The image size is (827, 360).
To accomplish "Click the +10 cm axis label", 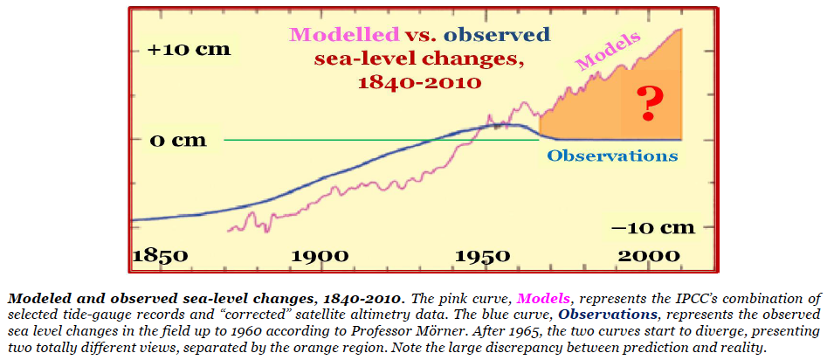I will tap(190, 49).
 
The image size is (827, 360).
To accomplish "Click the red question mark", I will tap(647, 104).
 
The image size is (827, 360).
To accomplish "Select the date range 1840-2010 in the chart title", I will tap(419, 84).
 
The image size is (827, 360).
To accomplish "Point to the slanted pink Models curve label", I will tap(609, 52).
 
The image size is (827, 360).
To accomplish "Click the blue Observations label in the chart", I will tap(612, 156).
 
